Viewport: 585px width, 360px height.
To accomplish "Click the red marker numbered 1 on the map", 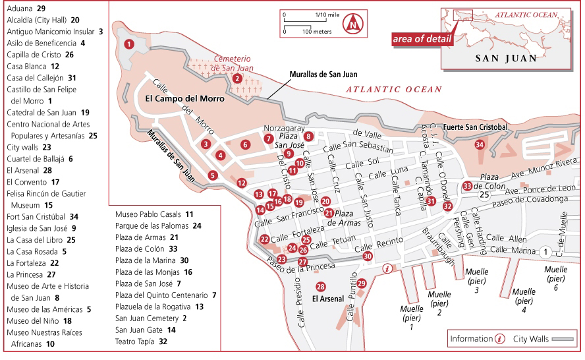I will (x=129, y=44).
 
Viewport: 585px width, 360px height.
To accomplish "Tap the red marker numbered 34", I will (x=480, y=144).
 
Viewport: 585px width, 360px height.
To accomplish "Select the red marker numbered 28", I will (x=321, y=287).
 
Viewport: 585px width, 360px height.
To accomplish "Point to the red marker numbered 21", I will (x=329, y=212).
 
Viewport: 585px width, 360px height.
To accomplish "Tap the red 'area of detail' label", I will (x=422, y=38).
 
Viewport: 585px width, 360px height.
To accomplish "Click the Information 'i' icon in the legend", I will (x=500, y=339).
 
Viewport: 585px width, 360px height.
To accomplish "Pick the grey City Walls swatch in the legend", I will (x=564, y=339).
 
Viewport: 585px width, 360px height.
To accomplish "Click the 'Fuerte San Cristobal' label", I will (x=476, y=127).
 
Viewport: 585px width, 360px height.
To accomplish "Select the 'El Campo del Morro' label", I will (x=184, y=99).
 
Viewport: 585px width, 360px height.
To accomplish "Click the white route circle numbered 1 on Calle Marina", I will (x=545, y=251).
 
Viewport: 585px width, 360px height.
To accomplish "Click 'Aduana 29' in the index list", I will (x=26, y=8).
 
